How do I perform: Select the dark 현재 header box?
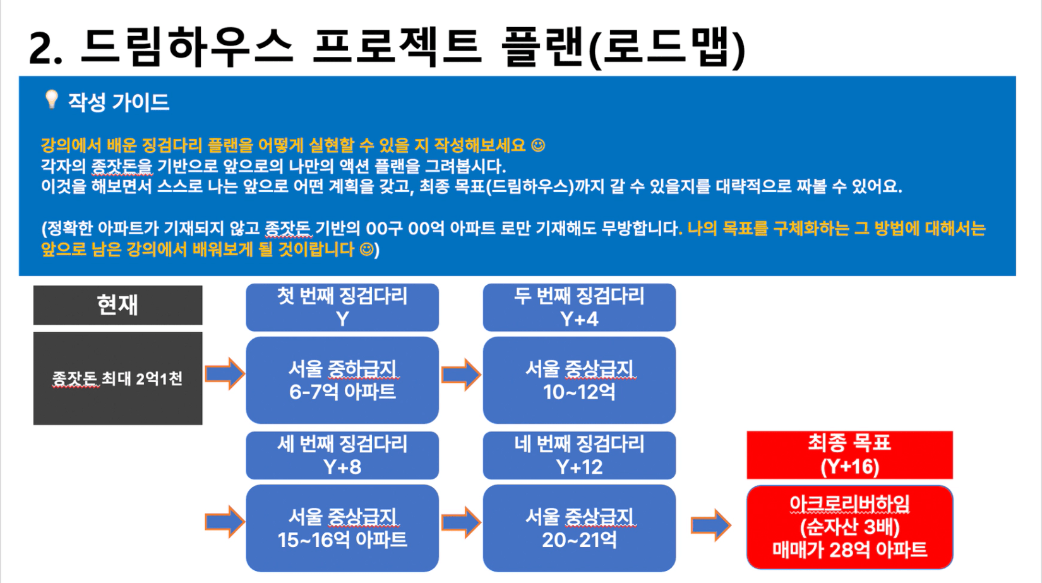pyautogui.click(x=117, y=305)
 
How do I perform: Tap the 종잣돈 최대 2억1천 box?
pyautogui.click(x=117, y=378)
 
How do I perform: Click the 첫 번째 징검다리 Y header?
pyautogui.click(x=342, y=308)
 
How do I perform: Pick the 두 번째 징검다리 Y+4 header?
pyautogui.click(x=579, y=308)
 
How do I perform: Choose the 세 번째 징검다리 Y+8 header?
pyautogui.click(x=342, y=455)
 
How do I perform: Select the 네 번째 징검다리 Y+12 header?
pyautogui.click(x=579, y=455)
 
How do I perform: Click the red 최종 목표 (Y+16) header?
pyautogui.click(x=850, y=455)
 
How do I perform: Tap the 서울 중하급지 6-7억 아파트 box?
pyautogui.click(x=342, y=380)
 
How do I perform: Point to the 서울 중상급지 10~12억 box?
pyautogui.click(x=579, y=380)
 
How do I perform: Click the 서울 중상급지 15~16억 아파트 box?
pyautogui.click(x=342, y=528)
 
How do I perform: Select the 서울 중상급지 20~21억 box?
pyautogui.click(x=579, y=528)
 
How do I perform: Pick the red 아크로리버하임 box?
pyautogui.click(x=850, y=527)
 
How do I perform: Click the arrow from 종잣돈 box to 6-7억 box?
pyautogui.click(x=225, y=374)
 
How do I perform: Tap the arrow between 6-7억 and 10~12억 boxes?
pyautogui.click(x=461, y=374)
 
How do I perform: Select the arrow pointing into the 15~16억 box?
pyautogui.click(x=225, y=522)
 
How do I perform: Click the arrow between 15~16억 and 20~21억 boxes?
pyautogui.click(x=461, y=522)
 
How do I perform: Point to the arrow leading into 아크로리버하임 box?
pyautogui.click(x=711, y=526)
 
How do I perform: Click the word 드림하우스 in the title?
pyautogui.click(x=187, y=47)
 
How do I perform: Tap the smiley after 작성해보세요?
pyautogui.click(x=538, y=146)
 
